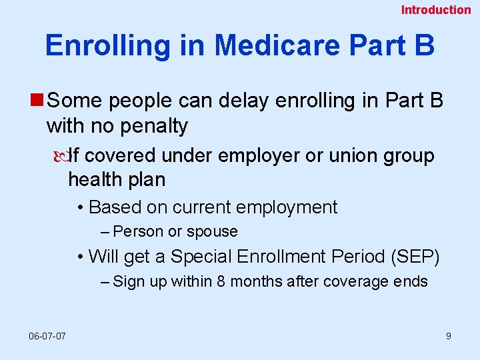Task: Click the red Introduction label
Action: [x=435, y=10]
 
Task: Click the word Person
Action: [x=138, y=232]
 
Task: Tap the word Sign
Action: [x=129, y=281]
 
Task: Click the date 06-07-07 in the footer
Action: [x=47, y=336]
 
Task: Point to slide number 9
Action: [x=448, y=336]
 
